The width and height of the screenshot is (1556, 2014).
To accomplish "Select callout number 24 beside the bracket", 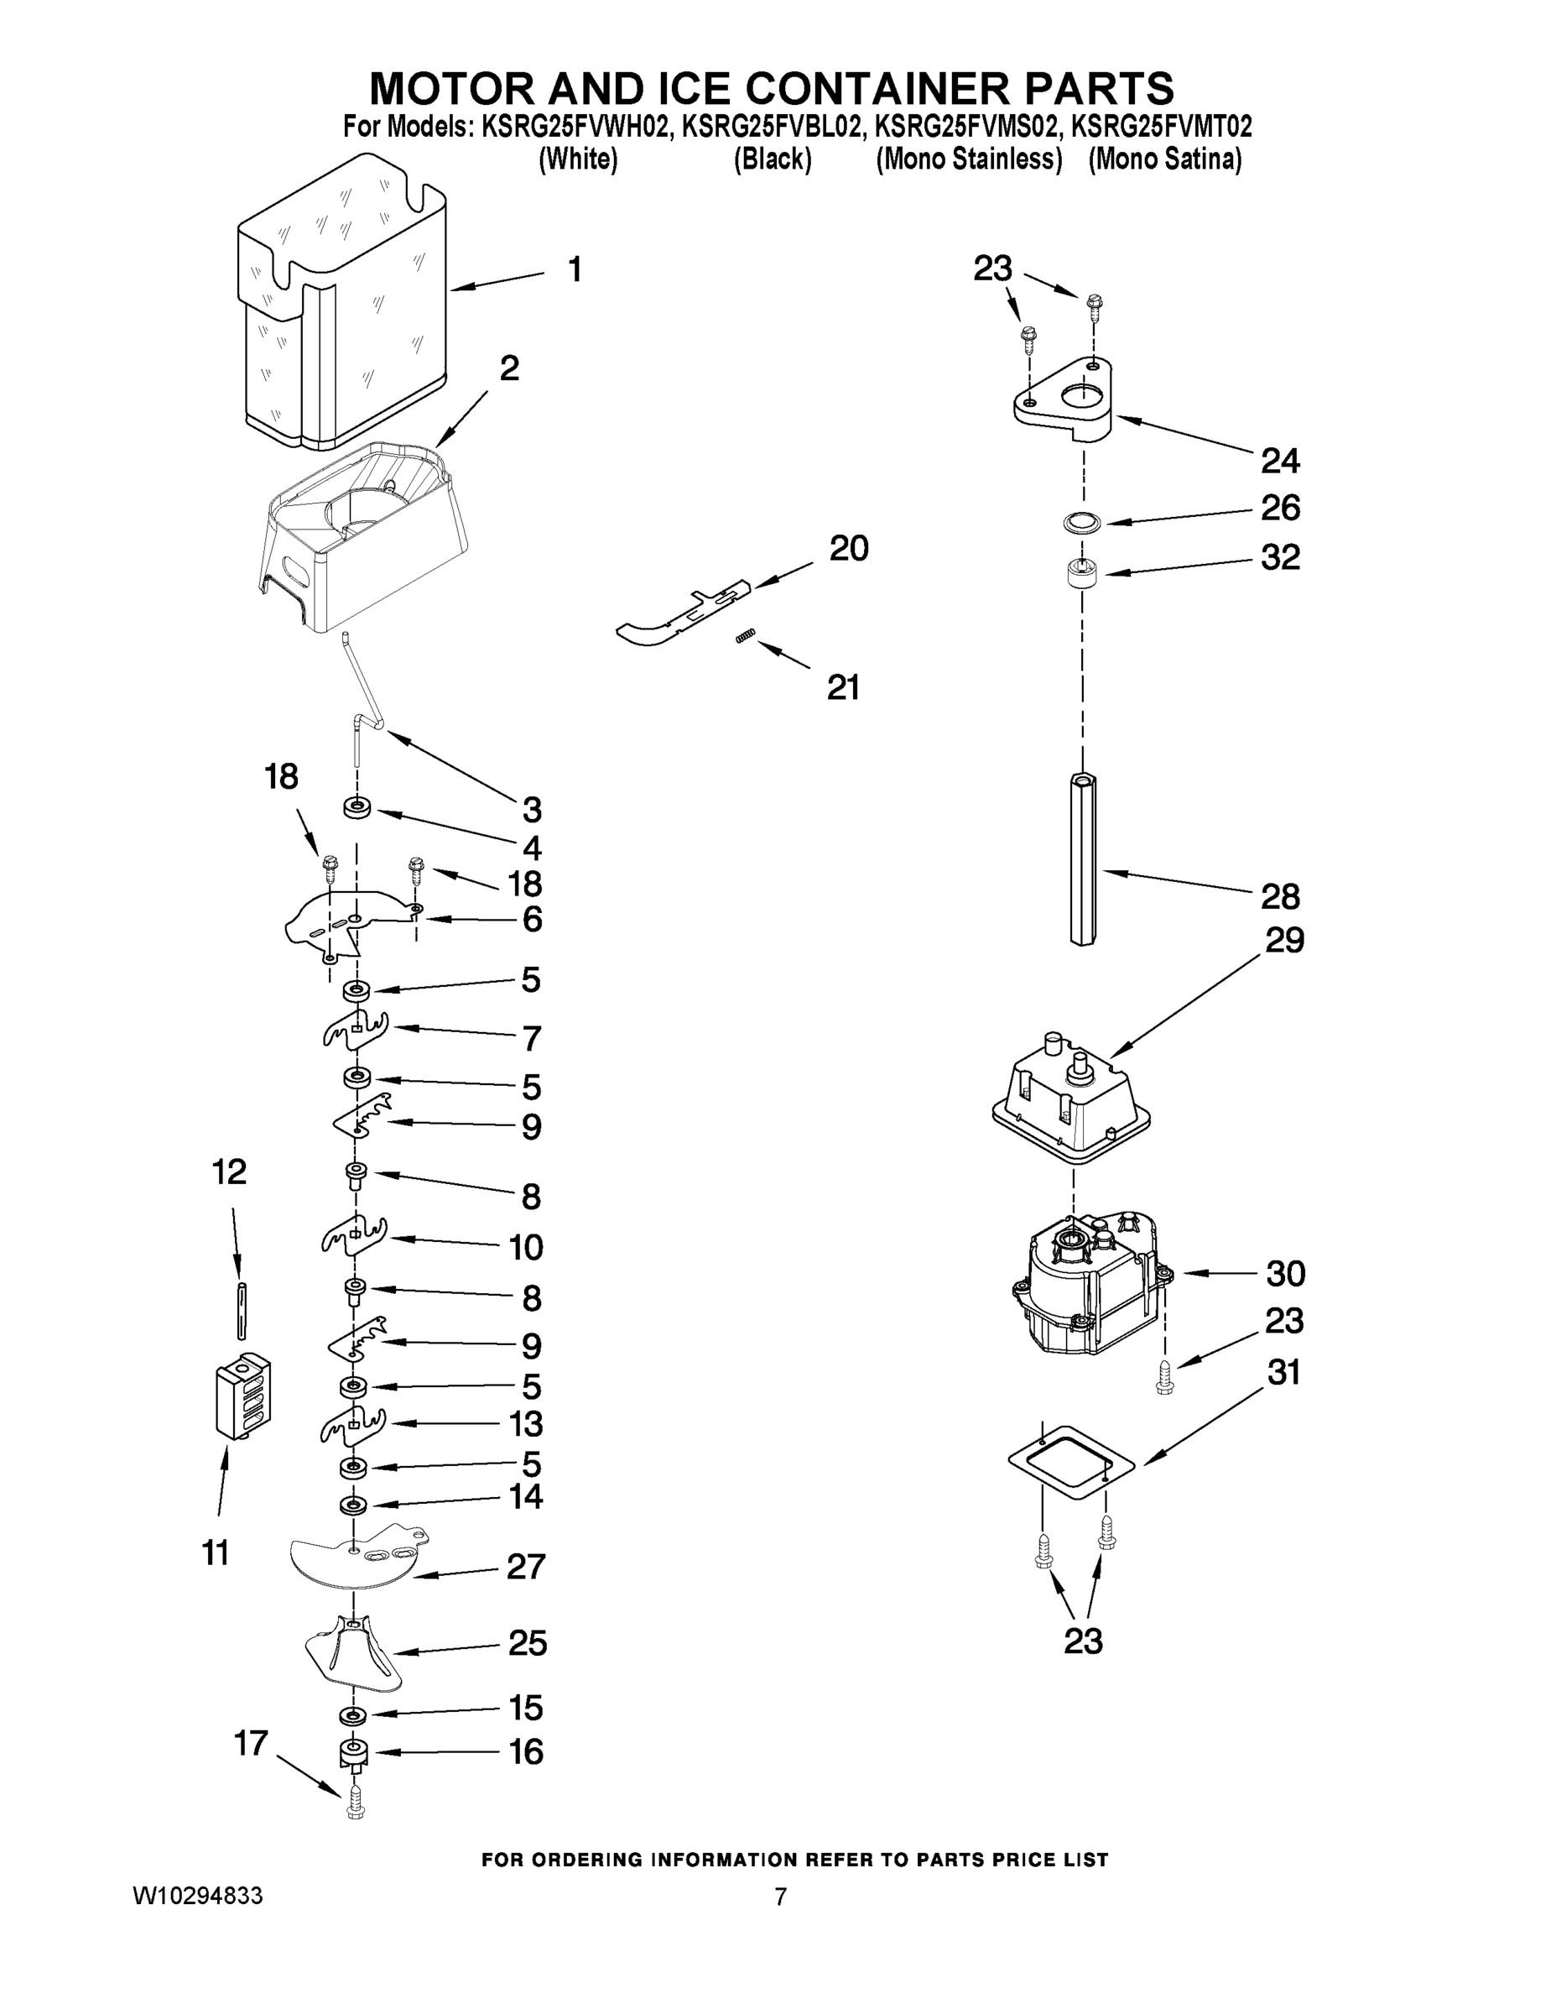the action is click(x=1280, y=460).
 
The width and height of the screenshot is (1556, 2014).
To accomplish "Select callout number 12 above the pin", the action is click(x=230, y=1172).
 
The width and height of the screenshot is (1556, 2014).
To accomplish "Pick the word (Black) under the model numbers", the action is click(x=773, y=159).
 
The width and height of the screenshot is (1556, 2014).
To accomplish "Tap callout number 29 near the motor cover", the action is click(x=1284, y=941).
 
